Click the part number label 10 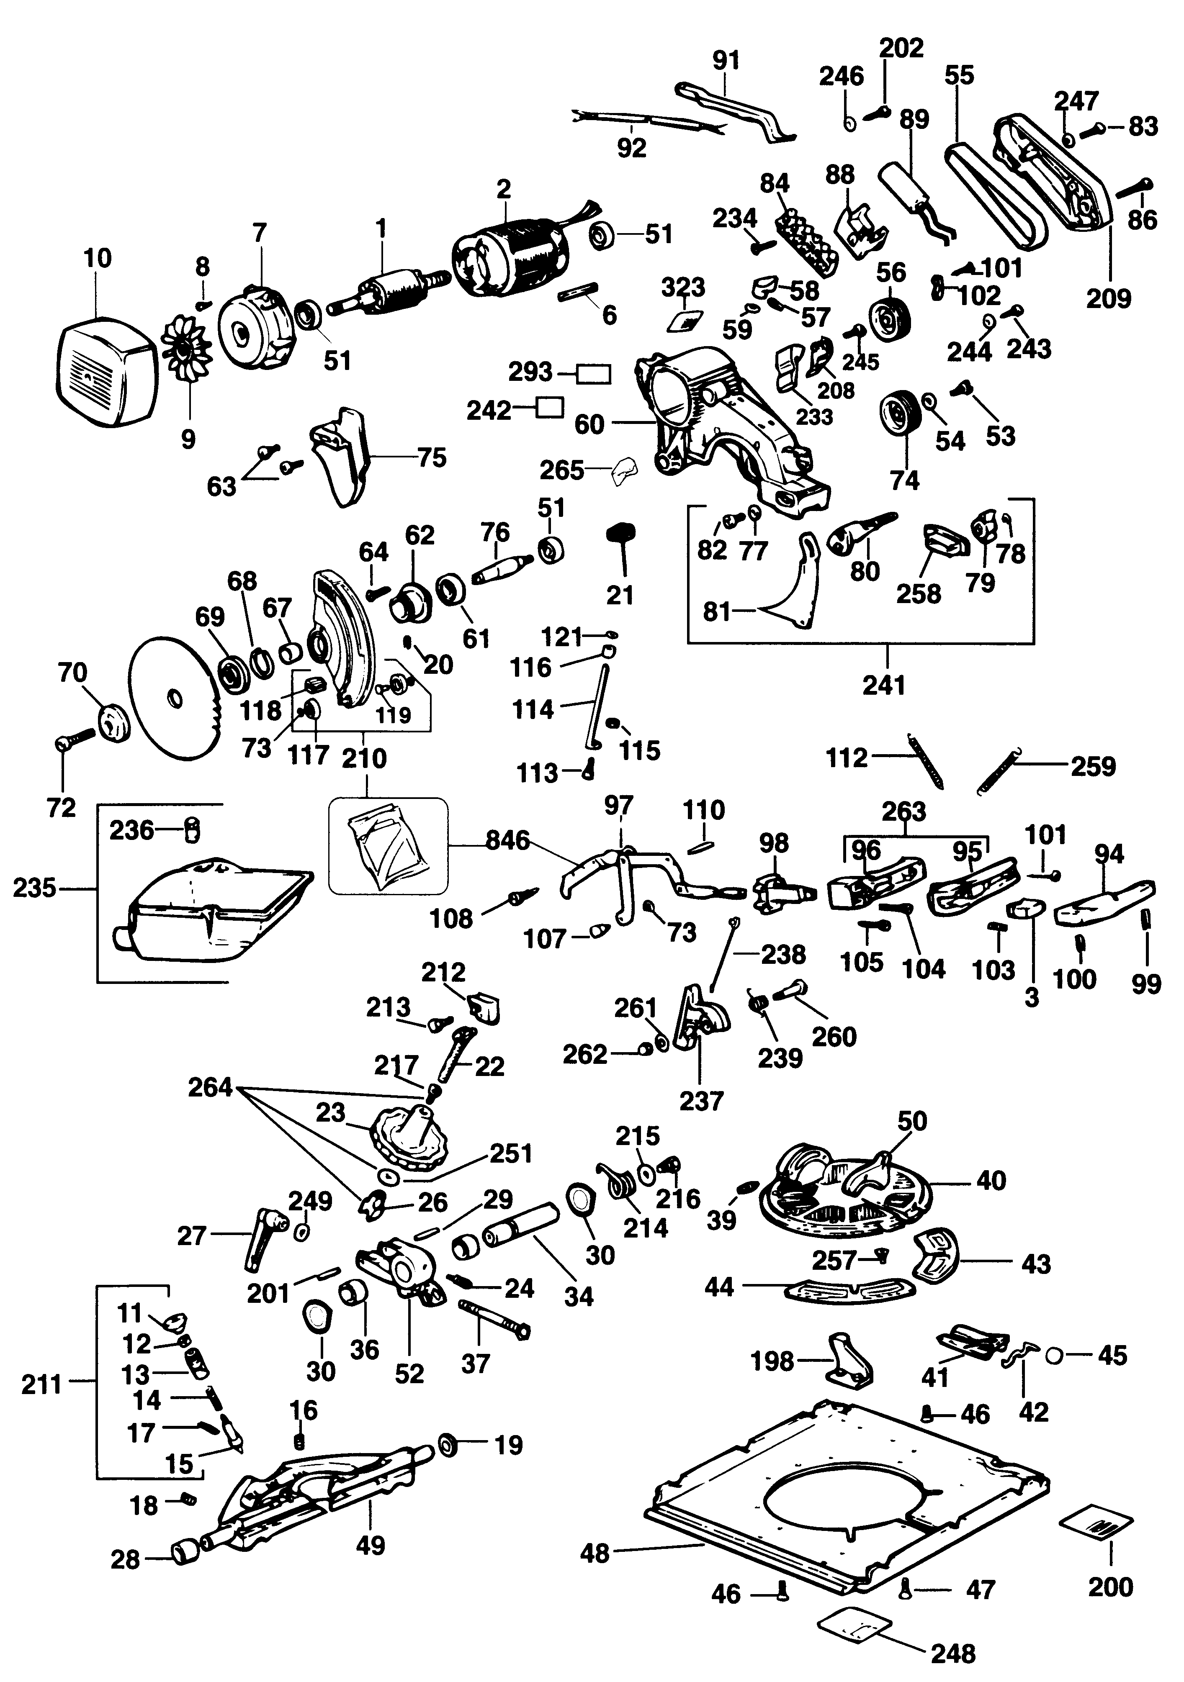pyautogui.click(x=98, y=259)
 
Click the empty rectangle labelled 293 pyautogui.click(x=594, y=374)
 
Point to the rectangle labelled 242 pyautogui.click(x=549, y=408)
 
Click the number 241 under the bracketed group pyautogui.click(x=884, y=686)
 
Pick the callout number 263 pyautogui.click(x=905, y=811)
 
